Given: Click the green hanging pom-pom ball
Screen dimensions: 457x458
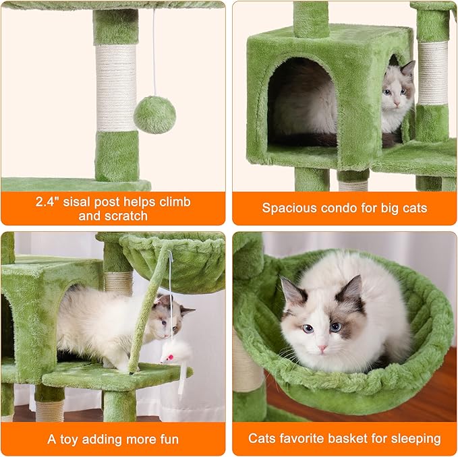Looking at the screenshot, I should click(x=154, y=115).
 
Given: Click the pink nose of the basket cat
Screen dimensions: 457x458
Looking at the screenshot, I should click(x=322, y=348).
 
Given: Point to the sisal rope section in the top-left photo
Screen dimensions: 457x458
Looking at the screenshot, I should click(x=115, y=88).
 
